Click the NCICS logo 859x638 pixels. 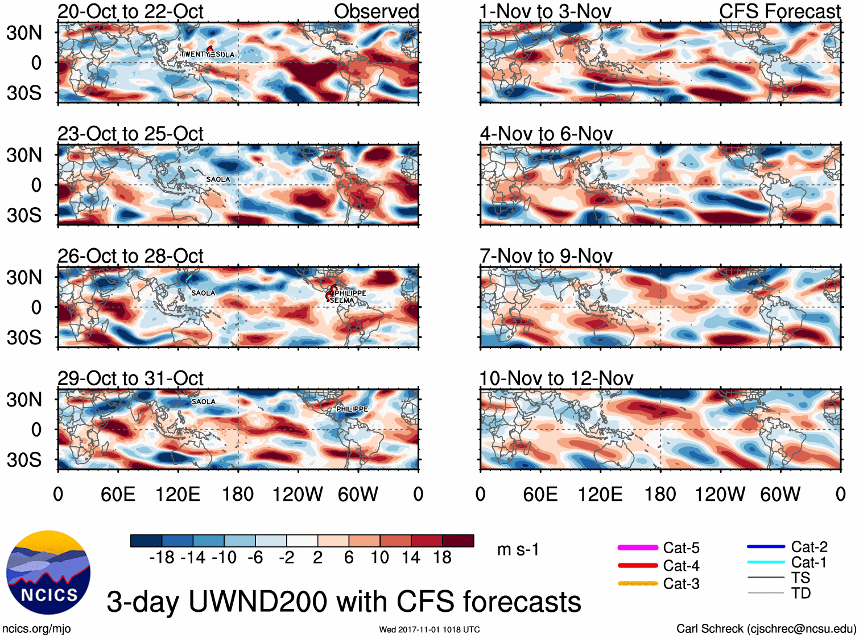click(48, 573)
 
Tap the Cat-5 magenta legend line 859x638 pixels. click(638, 548)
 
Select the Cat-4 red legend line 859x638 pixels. click(638, 566)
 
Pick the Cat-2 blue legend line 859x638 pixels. click(766, 547)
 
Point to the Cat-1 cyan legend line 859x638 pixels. click(766, 562)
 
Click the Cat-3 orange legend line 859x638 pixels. click(638, 583)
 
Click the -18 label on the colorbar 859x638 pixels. click(162, 558)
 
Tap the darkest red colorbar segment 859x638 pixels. click(458, 541)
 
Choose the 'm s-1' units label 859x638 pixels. click(518, 550)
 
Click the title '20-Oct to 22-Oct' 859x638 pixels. click(130, 11)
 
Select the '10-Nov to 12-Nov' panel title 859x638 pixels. click(556, 378)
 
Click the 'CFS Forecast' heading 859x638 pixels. click(779, 11)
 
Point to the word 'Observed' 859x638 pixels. click(376, 11)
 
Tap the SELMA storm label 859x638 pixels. click(342, 301)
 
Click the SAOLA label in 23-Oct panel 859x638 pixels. click(218, 179)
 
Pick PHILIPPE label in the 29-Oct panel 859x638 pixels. click(352, 409)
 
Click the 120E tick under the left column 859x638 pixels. click(177, 494)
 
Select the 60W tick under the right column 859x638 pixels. click(780, 494)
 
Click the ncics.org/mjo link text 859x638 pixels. click(36, 629)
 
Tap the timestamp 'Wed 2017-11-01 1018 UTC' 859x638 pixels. click(429, 629)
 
